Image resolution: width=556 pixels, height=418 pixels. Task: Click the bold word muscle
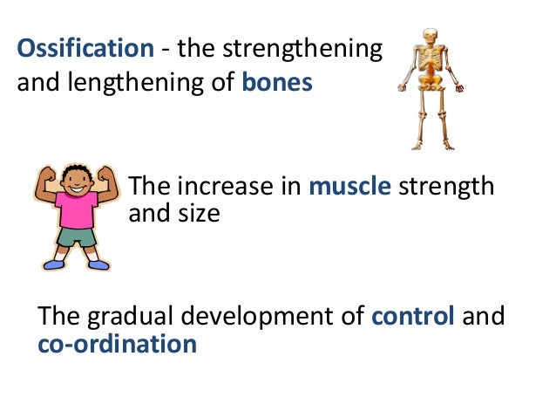[349, 187]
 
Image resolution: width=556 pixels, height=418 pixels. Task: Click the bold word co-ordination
[117, 344]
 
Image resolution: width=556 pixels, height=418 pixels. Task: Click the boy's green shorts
[76, 236]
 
